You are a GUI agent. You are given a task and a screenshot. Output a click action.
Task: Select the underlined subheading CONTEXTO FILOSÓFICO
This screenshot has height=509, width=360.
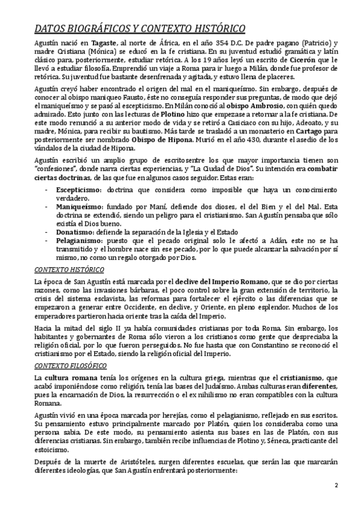(x=68, y=366)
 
